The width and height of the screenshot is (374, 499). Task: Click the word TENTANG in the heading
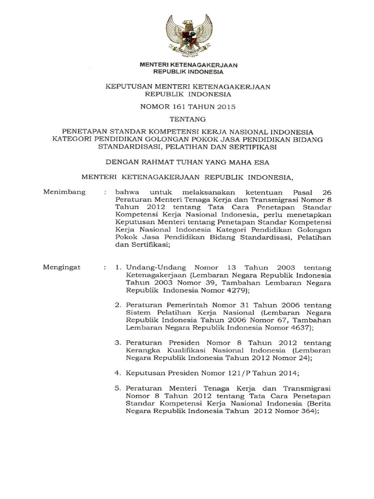[x=187, y=118]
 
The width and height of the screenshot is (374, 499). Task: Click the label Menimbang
[x=65, y=192]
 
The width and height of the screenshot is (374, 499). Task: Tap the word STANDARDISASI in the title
[x=129, y=146]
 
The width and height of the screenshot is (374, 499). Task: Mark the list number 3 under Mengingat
[x=117, y=343]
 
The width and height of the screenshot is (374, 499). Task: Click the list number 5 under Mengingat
[x=117, y=389]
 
